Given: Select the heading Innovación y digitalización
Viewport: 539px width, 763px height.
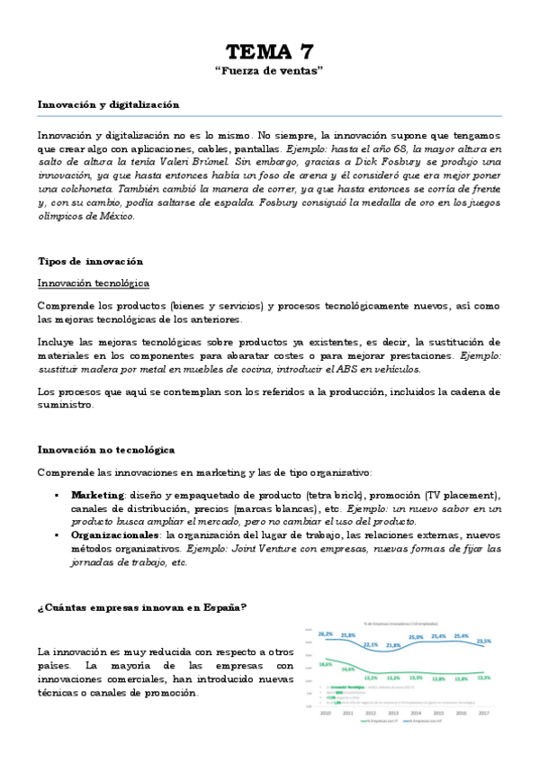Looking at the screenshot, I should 108,104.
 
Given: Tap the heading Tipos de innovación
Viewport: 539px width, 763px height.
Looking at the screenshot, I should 90,261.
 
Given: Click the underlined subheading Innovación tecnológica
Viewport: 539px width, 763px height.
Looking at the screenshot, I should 93,283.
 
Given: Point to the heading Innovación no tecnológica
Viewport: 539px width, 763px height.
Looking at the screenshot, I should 105,449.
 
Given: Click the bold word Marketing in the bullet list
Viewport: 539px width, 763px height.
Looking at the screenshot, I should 97,496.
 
